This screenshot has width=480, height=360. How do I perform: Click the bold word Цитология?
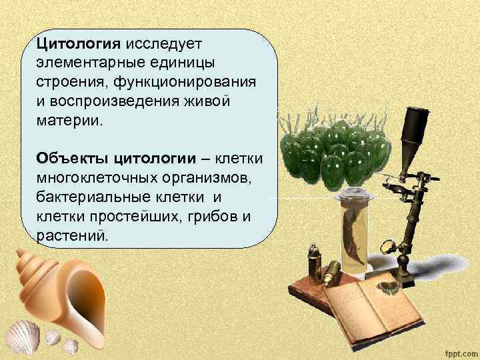(78, 44)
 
